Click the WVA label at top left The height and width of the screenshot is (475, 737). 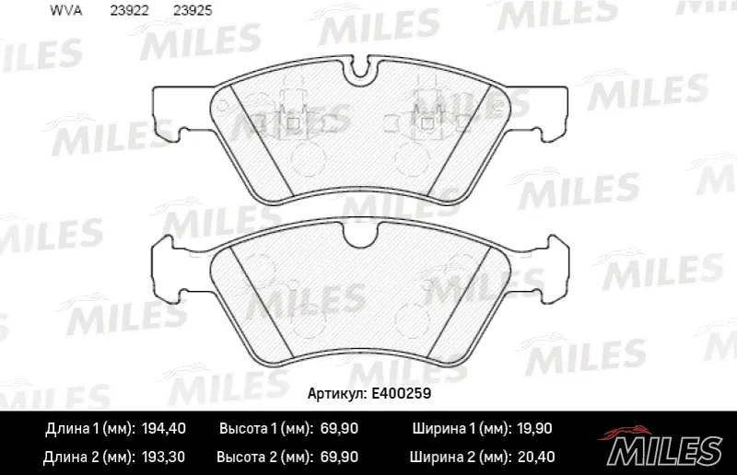coord(65,10)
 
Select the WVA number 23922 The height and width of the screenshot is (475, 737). coord(129,10)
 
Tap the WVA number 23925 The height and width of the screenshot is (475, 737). coord(193,10)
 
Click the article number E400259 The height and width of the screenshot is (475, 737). coord(401,393)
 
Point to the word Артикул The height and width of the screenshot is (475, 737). coord(337,394)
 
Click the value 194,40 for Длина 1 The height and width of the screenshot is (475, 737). coord(164,428)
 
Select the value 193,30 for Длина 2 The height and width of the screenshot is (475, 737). coord(163,457)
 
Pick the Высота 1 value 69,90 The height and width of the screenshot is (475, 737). coord(339,428)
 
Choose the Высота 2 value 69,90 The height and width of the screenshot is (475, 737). coord(339,457)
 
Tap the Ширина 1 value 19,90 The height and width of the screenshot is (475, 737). coord(534,428)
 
